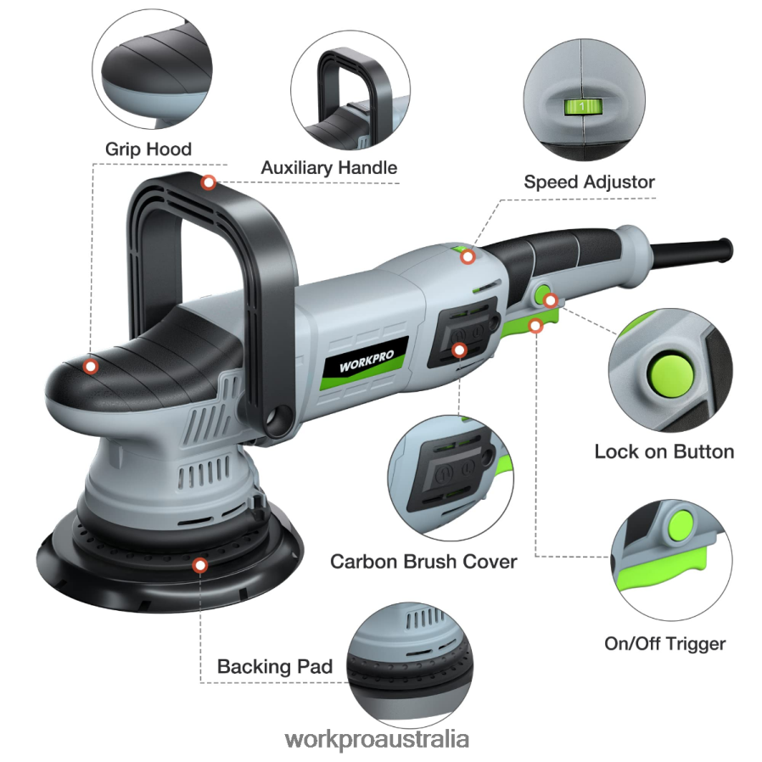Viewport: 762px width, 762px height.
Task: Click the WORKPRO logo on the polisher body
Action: click(x=366, y=356)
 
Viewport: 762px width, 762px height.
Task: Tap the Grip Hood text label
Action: click(x=148, y=149)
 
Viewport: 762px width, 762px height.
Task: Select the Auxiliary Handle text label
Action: click(x=328, y=168)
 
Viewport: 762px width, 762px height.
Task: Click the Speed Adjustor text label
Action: click(x=589, y=182)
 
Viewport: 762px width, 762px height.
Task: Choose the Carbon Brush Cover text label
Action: click(x=423, y=562)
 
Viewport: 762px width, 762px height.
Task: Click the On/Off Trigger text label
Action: click(x=664, y=643)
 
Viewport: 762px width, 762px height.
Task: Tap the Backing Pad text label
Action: click(x=274, y=666)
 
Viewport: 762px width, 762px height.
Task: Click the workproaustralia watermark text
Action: click(x=377, y=738)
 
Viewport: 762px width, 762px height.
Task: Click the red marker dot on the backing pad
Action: click(x=199, y=564)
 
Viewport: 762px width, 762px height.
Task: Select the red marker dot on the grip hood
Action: click(x=91, y=367)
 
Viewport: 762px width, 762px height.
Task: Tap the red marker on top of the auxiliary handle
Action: click(x=208, y=182)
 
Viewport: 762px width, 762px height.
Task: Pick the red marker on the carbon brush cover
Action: click(x=459, y=349)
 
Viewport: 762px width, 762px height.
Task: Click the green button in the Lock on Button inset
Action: click(x=668, y=373)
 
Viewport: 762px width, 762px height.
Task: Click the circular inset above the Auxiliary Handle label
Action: click(x=350, y=89)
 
